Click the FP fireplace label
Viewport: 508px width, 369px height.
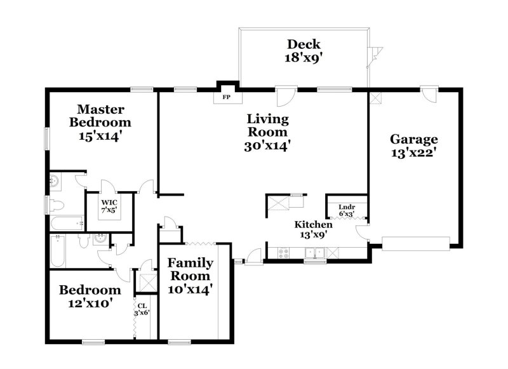coord(225,98)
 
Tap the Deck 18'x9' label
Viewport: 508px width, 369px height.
coord(304,50)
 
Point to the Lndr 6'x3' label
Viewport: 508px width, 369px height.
coord(347,210)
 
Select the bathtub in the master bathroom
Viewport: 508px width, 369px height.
coord(66,223)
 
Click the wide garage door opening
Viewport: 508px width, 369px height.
coord(415,241)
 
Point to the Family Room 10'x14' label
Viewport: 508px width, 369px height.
coord(190,276)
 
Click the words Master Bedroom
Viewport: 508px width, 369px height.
coord(100,116)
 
